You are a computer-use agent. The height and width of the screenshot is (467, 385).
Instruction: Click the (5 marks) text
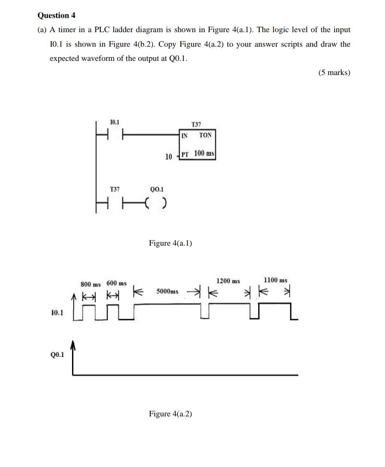click(x=335, y=72)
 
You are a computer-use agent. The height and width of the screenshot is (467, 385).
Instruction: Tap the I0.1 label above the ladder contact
click(x=115, y=122)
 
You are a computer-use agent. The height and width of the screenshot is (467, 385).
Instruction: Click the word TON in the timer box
click(x=205, y=135)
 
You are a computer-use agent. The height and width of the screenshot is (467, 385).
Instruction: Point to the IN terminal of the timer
click(x=184, y=135)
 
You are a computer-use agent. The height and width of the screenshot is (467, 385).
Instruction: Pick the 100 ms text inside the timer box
click(x=204, y=153)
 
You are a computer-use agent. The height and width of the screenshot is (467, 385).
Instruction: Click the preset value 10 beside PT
click(x=169, y=157)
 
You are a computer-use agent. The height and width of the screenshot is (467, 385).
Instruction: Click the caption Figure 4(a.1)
click(x=170, y=243)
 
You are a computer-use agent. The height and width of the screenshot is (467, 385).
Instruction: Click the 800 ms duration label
click(x=90, y=284)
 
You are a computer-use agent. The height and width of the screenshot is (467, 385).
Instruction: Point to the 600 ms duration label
click(x=117, y=283)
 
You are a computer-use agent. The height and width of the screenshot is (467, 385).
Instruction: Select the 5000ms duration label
click(x=167, y=291)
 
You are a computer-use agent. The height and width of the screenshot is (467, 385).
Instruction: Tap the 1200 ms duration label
click(x=228, y=281)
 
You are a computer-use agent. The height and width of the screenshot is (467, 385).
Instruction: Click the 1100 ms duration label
click(x=275, y=280)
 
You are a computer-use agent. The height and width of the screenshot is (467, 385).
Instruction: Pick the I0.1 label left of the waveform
click(x=57, y=313)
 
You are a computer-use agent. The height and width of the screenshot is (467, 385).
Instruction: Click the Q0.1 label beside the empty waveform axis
click(x=57, y=355)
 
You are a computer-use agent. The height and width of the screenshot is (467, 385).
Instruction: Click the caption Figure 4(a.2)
click(x=170, y=414)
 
